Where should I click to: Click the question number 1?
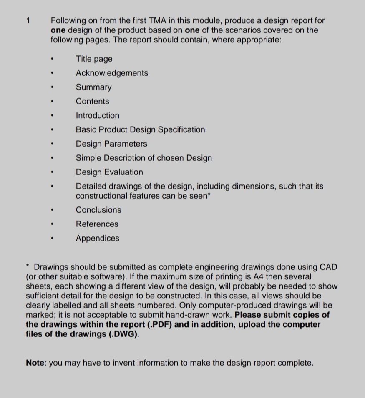point(28,20)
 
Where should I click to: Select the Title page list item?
point(94,59)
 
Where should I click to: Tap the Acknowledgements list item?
point(112,73)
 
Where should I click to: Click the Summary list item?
point(93,87)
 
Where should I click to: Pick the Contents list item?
point(92,102)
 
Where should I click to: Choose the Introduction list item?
point(97,116)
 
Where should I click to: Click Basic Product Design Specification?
point(140,130)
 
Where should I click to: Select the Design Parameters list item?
point(111,144)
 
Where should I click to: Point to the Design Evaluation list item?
point(109,172)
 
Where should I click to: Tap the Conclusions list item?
point(98,210)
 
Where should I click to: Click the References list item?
point(97,224)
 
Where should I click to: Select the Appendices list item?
point(97,239)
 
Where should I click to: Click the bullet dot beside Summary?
point(52,87)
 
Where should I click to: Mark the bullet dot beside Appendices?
point(52,239)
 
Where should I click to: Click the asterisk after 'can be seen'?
point(209,195)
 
